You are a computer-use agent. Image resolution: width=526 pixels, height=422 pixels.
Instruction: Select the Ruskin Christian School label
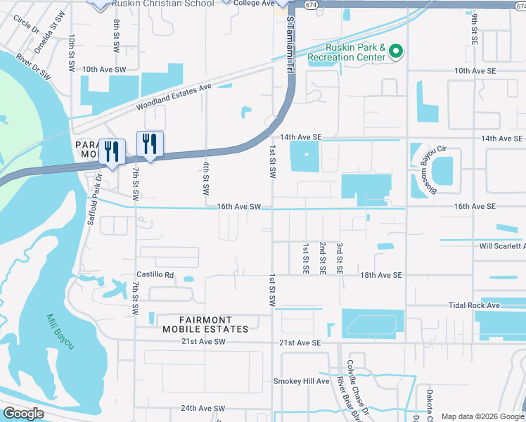[x=168, y=4]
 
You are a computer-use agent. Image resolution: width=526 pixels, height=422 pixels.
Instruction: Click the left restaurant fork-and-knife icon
[x=111, y=151]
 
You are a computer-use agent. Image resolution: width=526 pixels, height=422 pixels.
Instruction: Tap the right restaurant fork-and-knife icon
[x=149, y=143]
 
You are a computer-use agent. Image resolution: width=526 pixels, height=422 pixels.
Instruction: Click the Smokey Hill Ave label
[x=301, y=381]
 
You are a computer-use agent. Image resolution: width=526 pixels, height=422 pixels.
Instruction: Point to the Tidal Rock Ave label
[x=474, y=306]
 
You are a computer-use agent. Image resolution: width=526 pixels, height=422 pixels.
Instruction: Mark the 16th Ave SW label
[x=239, y=207]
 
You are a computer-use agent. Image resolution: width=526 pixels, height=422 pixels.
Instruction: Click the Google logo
[x=23, y=414]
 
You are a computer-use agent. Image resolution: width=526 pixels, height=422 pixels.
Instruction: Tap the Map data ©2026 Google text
[x=482, y=416]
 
